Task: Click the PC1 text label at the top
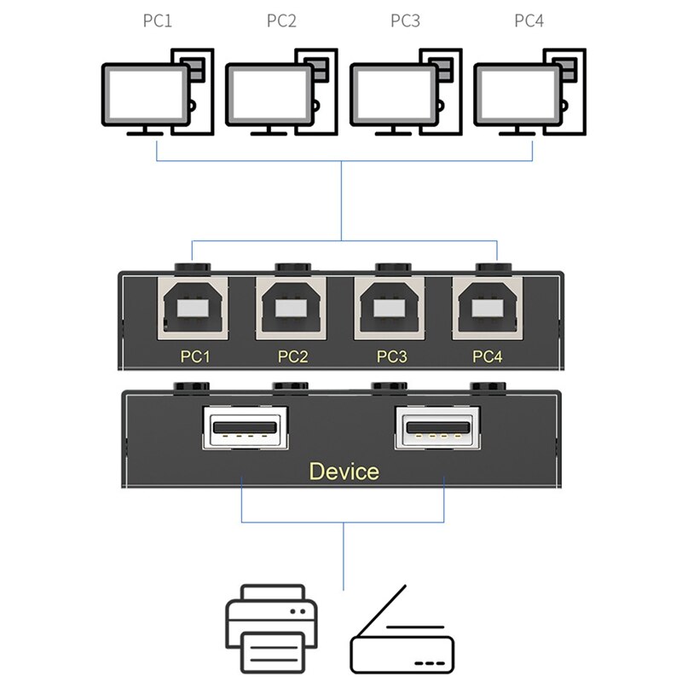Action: (x=157, y=21)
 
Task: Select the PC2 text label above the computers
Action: (x=280, y=21)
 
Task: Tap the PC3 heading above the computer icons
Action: (x=405, y=21)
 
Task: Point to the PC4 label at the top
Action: (x=529, y=21)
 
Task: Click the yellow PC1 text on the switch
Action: (x=196, y=357)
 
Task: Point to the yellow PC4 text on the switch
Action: (x=488, y=357)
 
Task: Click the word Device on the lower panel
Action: (x=344, y=471)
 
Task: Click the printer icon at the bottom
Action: (x=271, y=628)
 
